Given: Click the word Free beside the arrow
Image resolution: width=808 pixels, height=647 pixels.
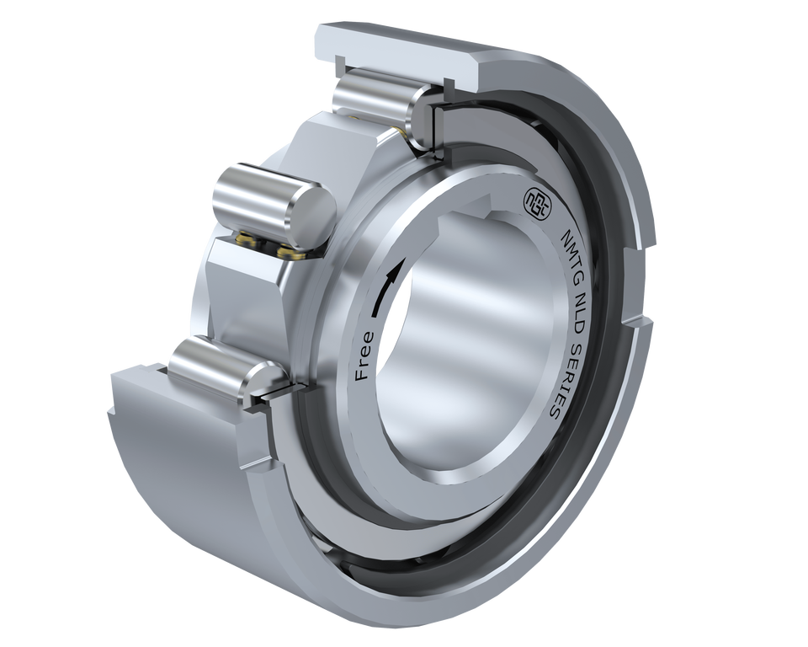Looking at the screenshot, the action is (364, 356).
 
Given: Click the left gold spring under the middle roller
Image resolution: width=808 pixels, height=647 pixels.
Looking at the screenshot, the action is (246, 240).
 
